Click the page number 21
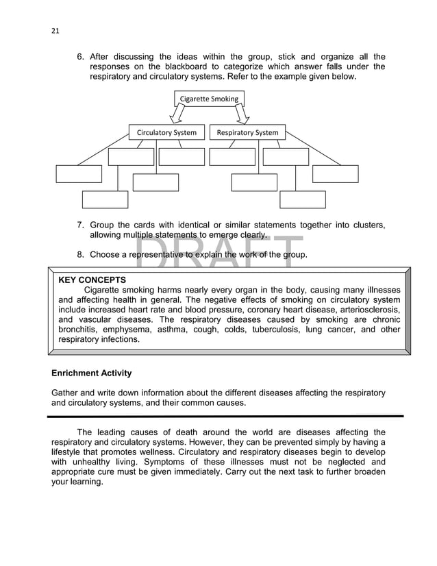[55, 30]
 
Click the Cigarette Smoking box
[209, 99]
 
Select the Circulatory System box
[166, 132]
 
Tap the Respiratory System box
[247, 132]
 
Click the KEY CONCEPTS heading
[92, 280]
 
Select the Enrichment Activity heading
[92, 373]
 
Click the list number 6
[80, 57]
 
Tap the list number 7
[80, 225]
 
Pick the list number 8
[80, 255]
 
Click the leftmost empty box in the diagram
[78, 174]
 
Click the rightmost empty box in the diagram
[335, 174]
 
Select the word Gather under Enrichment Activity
[66, 393]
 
